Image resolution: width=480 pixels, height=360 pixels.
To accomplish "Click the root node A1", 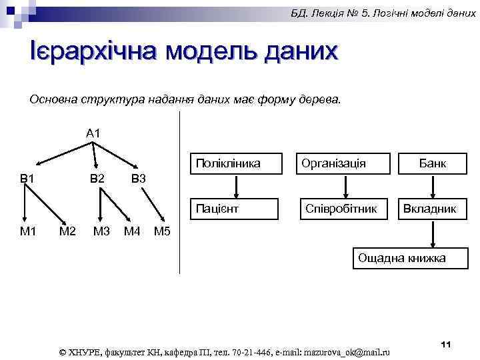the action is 93,133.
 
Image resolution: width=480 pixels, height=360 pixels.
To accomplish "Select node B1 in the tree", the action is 27,179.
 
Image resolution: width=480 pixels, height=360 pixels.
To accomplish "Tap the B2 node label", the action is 97,179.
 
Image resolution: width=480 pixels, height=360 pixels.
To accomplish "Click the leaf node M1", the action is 28,231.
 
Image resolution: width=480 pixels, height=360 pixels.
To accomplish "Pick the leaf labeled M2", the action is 67,231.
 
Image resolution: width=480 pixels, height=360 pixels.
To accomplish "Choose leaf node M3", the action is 101,231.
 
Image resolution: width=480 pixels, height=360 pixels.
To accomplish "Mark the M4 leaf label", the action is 132,231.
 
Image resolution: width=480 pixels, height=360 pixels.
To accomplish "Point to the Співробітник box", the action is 341,209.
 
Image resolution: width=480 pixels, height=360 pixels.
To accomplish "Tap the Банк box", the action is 433,163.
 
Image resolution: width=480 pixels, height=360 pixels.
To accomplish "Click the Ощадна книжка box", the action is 402,257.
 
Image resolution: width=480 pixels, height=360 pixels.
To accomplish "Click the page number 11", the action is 446,344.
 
